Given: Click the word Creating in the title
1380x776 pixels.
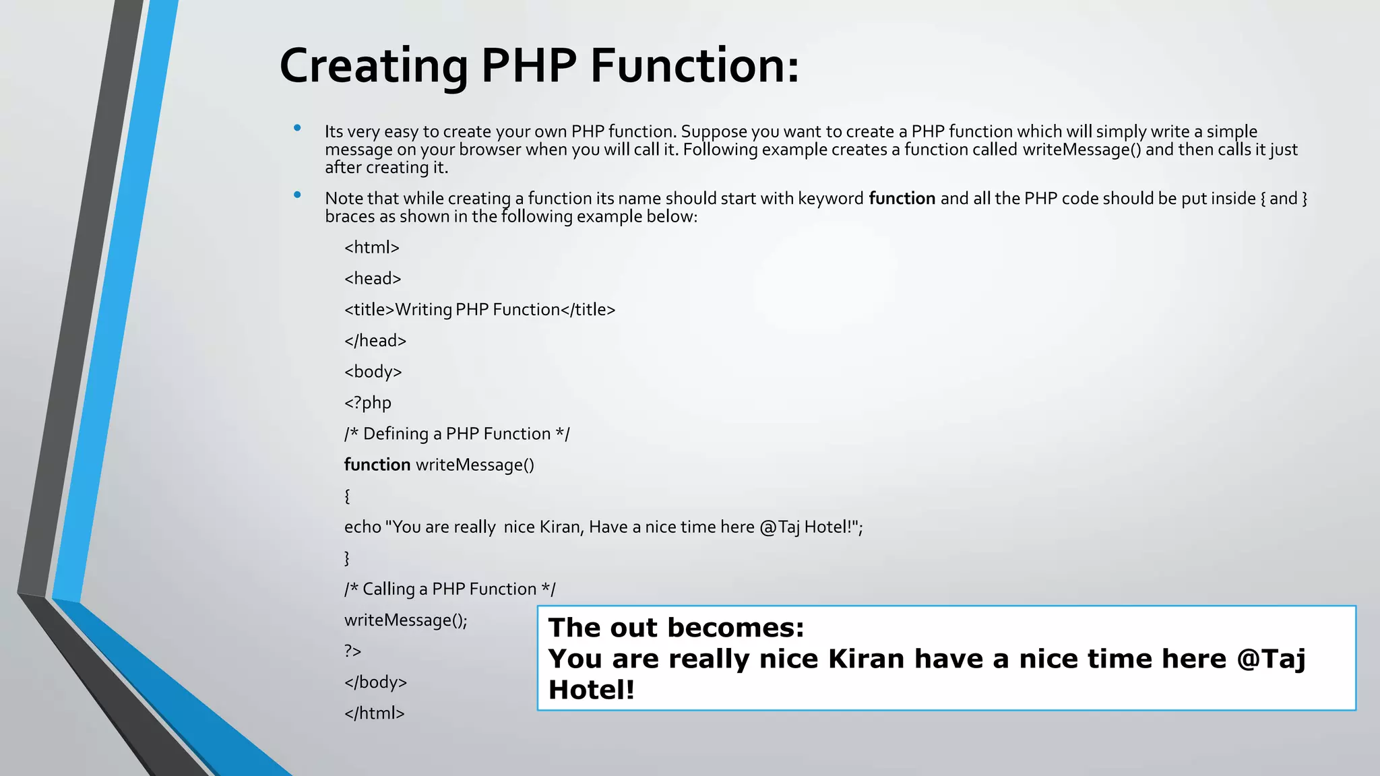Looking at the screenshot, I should click(x=373, y=66).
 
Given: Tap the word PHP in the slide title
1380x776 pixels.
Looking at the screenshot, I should click(x=529, y=66).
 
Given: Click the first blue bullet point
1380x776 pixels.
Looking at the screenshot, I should click(x=297, y=128).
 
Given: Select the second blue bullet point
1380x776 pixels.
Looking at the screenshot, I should click(x=297, y=195).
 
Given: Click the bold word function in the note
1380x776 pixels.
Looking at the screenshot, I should click(x=902, y=199).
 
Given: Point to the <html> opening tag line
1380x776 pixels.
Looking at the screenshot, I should click(x=371, y=248).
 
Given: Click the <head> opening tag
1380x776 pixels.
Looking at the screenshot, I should click(x=373, y=279).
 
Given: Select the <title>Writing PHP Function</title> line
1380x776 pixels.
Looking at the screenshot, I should click(x=480, y=310).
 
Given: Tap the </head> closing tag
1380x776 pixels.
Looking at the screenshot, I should click(x=375, y=341).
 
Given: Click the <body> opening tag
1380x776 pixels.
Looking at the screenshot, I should click(x=373, y=372).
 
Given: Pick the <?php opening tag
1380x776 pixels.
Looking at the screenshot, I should click(x=367, y=403).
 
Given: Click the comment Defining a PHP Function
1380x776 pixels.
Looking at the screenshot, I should click(x=457, y=434).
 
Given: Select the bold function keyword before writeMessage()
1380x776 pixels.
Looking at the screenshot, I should click(x=377, y=465).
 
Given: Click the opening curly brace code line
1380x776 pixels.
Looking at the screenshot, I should click(x=347, y=496).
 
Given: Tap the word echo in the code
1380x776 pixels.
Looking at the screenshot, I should click(x=363, y=527).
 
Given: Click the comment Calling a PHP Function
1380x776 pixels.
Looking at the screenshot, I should click(x=449, y=589).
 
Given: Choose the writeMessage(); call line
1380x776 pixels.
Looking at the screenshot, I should click(x=406, y=620).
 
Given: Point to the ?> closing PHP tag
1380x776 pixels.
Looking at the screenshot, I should click(x=352, y=651).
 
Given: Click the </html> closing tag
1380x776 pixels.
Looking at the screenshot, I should click(x=374, y=713).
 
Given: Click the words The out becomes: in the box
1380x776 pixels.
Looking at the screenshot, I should click(x=676, y=628).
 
